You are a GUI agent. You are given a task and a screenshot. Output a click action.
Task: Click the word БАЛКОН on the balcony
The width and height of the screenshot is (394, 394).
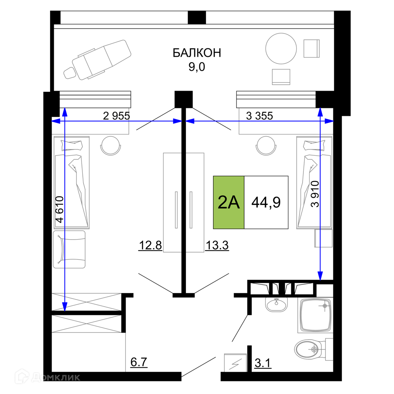197,53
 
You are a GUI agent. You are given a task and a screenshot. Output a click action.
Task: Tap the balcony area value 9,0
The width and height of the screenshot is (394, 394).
197,67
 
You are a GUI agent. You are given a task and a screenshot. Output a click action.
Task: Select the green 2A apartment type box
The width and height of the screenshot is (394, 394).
229,202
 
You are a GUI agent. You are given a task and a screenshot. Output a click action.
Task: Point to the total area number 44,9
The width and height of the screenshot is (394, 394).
266,202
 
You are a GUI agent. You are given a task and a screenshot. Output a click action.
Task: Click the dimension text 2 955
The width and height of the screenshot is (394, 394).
116,116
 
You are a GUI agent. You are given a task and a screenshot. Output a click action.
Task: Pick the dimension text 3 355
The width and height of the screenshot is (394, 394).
259,116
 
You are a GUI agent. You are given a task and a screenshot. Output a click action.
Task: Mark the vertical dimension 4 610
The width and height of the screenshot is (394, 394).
60,209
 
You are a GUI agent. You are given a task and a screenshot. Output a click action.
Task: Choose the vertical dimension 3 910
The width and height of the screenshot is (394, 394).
315,194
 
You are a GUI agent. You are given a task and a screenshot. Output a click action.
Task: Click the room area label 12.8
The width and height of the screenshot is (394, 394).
150,245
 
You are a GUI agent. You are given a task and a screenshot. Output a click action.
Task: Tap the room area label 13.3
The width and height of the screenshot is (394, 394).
217,245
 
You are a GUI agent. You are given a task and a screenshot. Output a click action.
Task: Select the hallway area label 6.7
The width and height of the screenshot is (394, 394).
139,362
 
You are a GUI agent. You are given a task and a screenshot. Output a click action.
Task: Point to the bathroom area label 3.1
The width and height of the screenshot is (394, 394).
263,363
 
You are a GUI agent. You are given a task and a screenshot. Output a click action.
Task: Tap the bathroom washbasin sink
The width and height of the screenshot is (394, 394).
277,304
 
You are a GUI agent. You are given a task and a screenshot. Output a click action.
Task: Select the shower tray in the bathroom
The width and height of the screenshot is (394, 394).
315,315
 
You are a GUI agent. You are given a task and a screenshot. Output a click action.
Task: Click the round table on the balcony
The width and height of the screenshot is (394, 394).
281,48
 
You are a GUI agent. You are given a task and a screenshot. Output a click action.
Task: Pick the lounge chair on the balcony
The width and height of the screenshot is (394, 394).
97,60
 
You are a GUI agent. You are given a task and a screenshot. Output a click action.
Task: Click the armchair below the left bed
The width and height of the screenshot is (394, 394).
69,249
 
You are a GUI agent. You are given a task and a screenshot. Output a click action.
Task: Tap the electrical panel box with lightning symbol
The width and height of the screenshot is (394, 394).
235,363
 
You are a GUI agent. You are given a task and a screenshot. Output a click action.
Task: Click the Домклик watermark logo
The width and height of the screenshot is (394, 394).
48,377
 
